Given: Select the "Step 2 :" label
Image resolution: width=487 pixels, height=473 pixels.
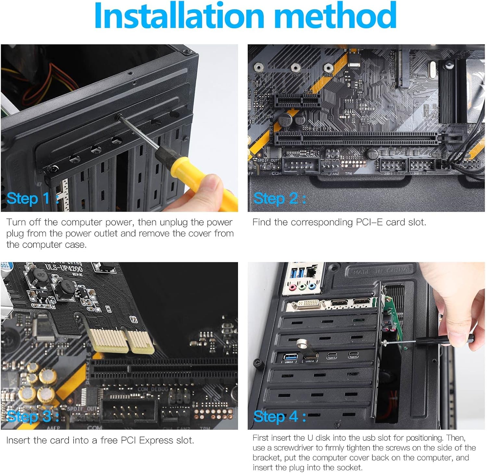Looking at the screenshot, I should click(x=280, y=198).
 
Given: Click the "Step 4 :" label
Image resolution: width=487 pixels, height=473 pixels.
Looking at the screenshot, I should click(x=280, y=416).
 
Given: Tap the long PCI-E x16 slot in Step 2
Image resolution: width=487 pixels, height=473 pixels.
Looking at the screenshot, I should click(x=357, y=138).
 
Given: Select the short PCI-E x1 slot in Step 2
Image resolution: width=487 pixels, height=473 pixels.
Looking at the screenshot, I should click(x=297, y=101).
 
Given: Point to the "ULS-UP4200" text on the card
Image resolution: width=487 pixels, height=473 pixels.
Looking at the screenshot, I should click(x=64, y=268).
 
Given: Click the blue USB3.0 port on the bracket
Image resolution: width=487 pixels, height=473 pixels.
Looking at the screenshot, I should click(x=289, y=357).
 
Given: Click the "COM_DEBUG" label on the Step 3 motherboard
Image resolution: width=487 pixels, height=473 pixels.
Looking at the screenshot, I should click(x=153, y=389).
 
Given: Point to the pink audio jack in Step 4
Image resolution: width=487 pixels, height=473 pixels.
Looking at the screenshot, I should click(x=293, y=287).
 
